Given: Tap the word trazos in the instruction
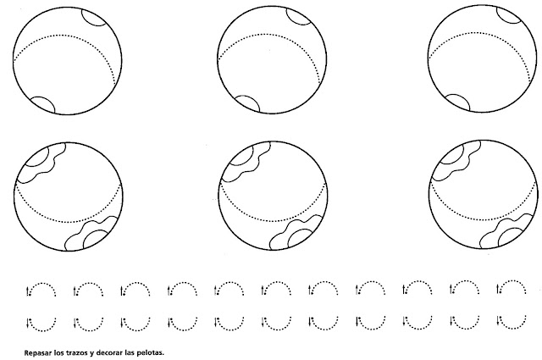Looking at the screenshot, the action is point(75,353).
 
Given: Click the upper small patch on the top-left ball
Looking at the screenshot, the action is point(94,17).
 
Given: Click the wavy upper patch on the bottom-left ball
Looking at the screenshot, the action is point(41,163).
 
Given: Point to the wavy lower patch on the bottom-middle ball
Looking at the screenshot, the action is point(296,232).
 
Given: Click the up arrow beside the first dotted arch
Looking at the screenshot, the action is point(27,291).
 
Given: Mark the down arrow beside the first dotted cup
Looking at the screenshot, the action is point(27,323).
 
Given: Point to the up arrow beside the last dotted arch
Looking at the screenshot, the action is point(498,289).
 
